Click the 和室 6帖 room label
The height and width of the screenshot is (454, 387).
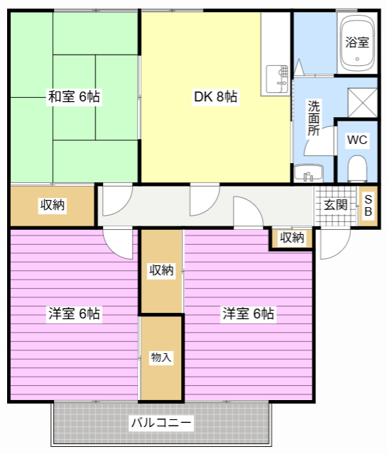pos(74,96)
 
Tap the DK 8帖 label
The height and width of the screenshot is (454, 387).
pos(215,96)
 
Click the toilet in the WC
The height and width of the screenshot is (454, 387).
pos(357,169)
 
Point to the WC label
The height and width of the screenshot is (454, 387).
pos(357,140)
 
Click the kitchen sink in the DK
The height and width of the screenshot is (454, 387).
pos(277,79)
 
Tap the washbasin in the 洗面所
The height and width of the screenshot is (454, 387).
pos(308,173)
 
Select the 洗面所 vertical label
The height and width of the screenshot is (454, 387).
pos(314,118)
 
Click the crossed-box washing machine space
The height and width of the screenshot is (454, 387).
pos(362,103)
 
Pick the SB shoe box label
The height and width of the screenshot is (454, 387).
pos(368,206)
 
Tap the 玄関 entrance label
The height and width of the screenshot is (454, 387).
pos(336,205)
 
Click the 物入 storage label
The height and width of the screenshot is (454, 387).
pos(161,357)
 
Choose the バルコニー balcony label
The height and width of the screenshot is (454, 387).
pos(161,423)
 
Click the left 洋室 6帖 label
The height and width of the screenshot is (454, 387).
pos(74,314)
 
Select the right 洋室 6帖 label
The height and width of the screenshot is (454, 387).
pos(248,314)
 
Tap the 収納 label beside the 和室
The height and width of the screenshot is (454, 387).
pos(53,205)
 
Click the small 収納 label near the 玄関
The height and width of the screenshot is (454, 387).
pos(292,238)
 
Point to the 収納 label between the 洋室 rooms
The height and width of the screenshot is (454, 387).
pos(161,270)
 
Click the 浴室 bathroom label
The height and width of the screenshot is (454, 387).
pos(357,43)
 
